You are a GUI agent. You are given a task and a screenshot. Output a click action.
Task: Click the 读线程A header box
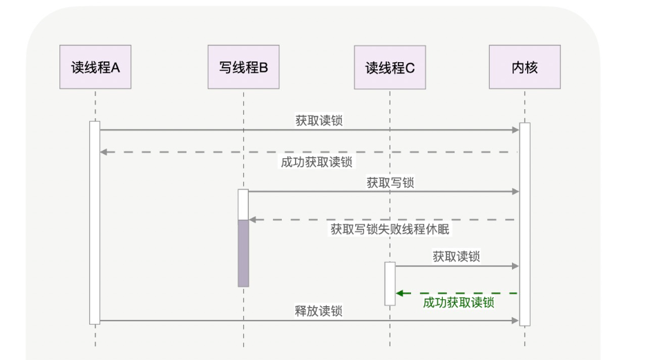coord(95,67)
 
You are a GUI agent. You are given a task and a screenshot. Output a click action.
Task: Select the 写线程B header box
coord(244,67)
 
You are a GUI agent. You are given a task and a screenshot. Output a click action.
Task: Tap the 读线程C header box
coord(390,67)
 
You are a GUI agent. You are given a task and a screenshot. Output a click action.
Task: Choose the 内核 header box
coord(524,67)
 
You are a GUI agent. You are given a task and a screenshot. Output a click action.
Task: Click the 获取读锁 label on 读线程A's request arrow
coord(318,120)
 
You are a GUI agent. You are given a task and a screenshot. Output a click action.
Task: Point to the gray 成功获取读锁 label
coord(316,162)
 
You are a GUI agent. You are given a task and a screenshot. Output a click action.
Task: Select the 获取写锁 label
coord(390,182)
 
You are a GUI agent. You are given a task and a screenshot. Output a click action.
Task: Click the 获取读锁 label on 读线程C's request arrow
coord(456,256)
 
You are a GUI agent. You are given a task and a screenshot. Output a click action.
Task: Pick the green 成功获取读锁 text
coord(458,303)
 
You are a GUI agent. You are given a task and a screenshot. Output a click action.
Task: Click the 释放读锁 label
coord(318,311)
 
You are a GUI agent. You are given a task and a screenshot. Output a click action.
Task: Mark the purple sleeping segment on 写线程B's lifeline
coord(243,253)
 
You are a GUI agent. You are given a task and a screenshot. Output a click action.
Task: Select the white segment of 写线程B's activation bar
coord(243,205)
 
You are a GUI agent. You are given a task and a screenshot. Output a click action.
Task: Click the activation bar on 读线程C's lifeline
coord(390,283)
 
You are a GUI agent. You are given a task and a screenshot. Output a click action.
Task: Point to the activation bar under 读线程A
coord(95,222)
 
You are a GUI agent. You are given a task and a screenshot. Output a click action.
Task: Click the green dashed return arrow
coord(457,293)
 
